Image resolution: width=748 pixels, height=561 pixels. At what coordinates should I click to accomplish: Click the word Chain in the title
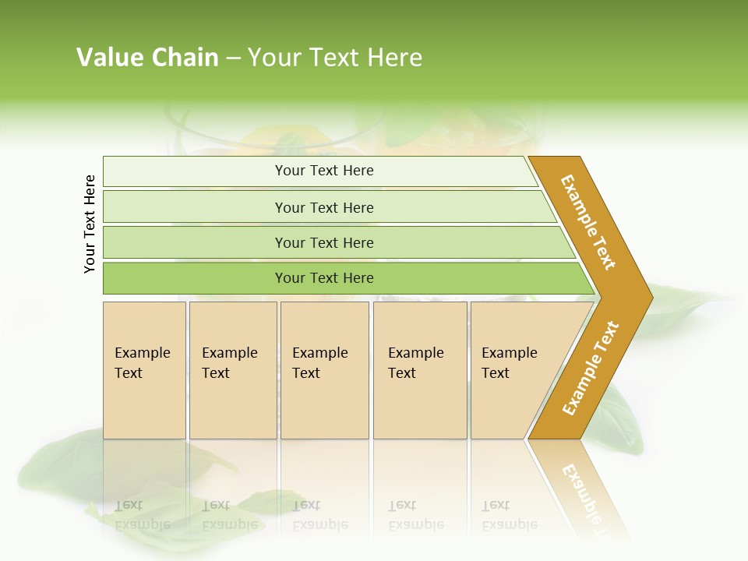point(185,58)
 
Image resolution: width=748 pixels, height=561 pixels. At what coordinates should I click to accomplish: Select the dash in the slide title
point(233,58)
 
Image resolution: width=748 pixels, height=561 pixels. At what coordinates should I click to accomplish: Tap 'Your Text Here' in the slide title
point(335,58)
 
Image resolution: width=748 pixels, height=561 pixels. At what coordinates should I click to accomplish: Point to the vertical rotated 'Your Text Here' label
point(90,224)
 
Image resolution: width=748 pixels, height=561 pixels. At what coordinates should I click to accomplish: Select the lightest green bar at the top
point(323,171)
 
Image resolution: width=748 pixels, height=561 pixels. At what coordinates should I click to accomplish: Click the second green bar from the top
point(323,207)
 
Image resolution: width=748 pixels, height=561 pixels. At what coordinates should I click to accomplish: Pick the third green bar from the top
point(323,242)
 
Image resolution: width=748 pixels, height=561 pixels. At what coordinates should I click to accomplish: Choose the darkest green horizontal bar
point(323,278)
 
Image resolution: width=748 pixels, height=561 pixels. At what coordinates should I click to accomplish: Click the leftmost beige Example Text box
point(144,370)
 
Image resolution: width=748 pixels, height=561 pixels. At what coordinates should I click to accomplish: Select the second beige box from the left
point(233,370)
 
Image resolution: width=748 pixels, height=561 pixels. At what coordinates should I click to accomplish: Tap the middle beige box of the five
point(324,370)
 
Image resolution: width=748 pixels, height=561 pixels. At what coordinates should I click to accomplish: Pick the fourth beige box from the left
point(420,370)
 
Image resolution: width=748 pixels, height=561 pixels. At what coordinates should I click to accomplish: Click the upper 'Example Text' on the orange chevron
point(588,222)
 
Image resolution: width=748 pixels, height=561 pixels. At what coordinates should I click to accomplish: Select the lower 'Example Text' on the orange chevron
point(590,369)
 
